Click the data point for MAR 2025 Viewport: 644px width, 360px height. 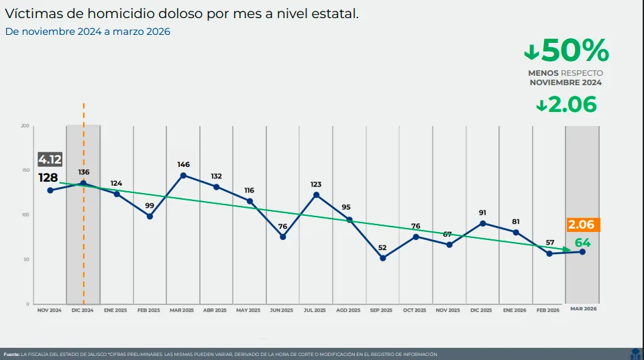(x=183, y=176)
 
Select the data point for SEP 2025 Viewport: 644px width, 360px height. (x=383, y=258)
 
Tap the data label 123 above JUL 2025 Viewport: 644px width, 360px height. (x=316, y=184)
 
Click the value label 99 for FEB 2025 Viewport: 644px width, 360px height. (x=150, y=206)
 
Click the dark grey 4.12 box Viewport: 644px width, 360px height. (x=50, y=160)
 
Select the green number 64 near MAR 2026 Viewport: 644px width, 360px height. (x=582, y=243)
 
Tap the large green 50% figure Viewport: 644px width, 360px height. (x=567, y=51)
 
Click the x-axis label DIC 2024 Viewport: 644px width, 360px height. (x=83, y=310)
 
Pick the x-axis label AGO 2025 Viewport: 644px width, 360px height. (x=349, y=310)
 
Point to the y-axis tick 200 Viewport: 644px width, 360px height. (x=25, y=126)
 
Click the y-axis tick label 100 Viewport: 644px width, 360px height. (x=25, y=215)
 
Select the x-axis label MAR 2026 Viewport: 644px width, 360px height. (x=582, y=309)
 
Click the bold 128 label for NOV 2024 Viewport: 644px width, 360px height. (x=48, y=178)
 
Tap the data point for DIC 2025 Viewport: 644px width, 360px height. (x=483, y=223)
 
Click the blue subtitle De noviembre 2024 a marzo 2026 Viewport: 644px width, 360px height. (x=88, y=32)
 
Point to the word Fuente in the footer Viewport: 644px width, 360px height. (x=11, y=354)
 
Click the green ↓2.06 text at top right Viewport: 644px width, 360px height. (x=567, y=105)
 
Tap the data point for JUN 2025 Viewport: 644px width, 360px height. (x=283, y=237)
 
